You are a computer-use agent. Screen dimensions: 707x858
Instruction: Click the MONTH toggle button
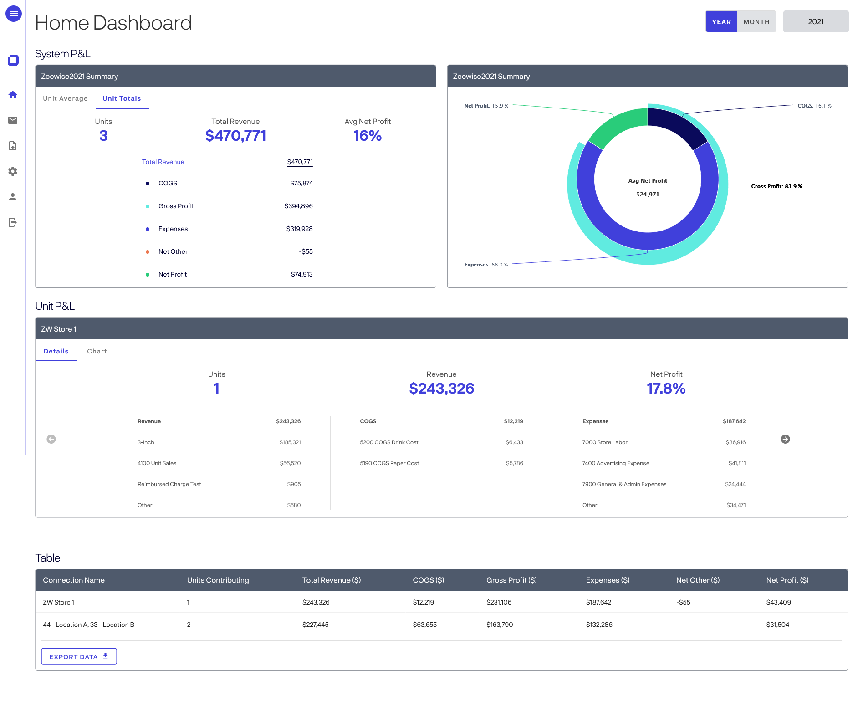[x=756, y=22]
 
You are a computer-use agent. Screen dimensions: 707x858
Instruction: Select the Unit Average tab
[x=65, y=98]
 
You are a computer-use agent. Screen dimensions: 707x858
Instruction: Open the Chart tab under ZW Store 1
[x=97, y=351]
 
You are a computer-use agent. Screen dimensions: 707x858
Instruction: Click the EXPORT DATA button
[x=79, y=656]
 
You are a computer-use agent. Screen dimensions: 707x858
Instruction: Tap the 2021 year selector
[x=815, y=22]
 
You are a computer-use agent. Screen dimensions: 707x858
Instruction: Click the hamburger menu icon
[x=14, y=14]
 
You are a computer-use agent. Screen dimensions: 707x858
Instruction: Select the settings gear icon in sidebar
[x=13, y=171]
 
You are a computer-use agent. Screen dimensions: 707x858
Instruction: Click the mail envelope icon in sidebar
[x=13, y=120]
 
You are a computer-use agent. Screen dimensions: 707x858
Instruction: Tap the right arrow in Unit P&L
[x=785, y=439]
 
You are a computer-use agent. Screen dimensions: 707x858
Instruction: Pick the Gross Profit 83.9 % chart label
[x=776, y=186]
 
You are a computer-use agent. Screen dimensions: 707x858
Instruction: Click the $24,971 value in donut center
[x=647, y=195]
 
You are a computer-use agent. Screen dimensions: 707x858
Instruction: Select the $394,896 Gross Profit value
[x=298, y=206]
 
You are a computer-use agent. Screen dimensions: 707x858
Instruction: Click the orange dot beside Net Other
[x=148, y=252]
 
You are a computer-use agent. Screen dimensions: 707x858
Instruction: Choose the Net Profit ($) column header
[x=787, y=580]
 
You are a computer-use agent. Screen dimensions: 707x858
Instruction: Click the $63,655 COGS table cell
[x=424, y=625]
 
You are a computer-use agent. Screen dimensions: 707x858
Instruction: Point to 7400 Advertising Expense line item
[x=615, y=463]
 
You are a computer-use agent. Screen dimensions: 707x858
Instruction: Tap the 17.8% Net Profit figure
[x=666, y=389]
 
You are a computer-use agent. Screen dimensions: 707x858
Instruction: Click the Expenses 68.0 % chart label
[x=485, y=265]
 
